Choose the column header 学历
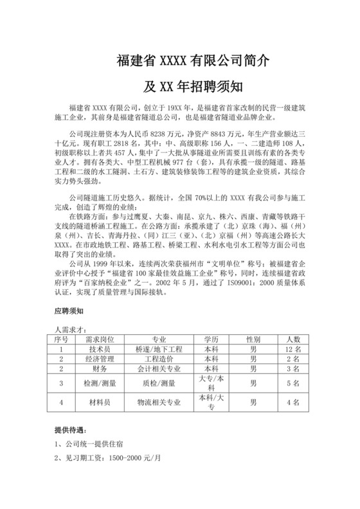pyautogui.click(x=212, y=339)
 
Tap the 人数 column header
pyautogui.click(x=293, y=339)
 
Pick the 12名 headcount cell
pyautogui.click(x=293, y=349)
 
